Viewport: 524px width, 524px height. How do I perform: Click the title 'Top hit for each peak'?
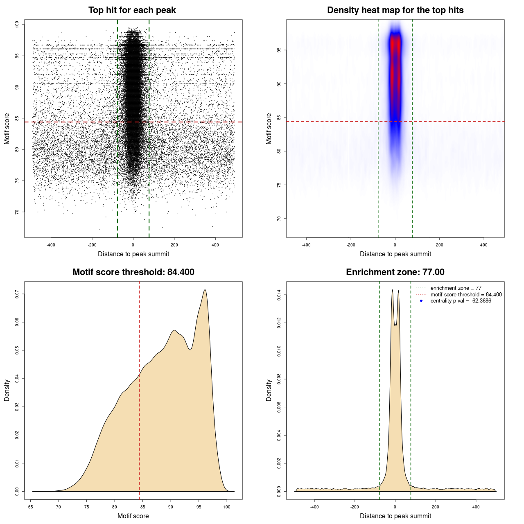[x=132, y=10]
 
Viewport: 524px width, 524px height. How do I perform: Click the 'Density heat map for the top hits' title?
[x=395, y=10]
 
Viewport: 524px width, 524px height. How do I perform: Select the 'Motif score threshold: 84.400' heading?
[x=133, y=272]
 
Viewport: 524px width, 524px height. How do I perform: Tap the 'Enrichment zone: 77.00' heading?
[x=395, y=272]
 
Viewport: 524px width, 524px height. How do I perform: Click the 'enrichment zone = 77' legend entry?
[x=456, y=288]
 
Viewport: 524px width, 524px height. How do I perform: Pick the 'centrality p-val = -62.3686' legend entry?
[x=461, y=301]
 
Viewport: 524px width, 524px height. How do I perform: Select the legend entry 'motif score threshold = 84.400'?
[x=466, y=295]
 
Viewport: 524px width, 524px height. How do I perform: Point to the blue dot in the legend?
[x=421, y=301]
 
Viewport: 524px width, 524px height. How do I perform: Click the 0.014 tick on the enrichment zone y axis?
[x=279, y=295]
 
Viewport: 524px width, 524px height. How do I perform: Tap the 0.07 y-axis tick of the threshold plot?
[x=17, y=294]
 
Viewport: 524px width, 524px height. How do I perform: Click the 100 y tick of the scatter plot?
[x=17, y=25]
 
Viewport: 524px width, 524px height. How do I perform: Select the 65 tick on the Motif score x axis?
[x=31, y=507]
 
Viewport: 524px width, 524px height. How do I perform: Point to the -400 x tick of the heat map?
[x=306, y=245]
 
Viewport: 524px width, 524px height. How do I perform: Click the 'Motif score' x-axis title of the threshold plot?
[x=133, y=516]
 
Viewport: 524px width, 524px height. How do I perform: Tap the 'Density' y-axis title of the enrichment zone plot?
[x=269, y=390]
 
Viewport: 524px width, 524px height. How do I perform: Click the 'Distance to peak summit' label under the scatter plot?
[x=133, y=254]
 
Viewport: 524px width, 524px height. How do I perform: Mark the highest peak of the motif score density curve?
[x=205, y=290]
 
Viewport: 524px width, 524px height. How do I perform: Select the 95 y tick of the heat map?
[x=279, y=50]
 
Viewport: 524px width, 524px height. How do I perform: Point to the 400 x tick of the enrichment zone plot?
[x=476, y=507]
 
